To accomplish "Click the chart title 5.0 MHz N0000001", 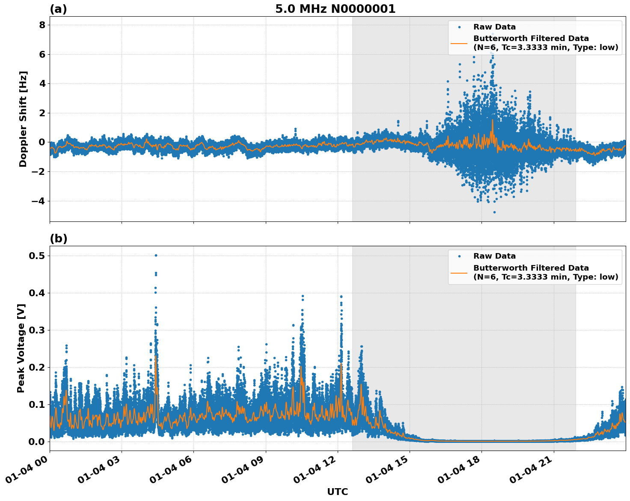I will click(335, 9).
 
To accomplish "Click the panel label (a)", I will click(58, 9).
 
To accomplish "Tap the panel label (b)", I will click(58, 239).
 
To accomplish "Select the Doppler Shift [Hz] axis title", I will click(23, 119).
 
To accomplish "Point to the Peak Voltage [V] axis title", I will click(21, 348).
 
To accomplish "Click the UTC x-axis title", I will click(337, 492).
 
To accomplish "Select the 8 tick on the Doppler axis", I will click(42, 25).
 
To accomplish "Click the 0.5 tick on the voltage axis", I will click(37, 256).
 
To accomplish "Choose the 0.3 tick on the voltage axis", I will click(37, 330).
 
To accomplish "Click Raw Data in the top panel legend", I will click(494, 27).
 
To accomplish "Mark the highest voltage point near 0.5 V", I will click(156, 255).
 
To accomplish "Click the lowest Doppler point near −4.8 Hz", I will click(494, 212).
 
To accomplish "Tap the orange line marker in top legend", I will click(459, 43).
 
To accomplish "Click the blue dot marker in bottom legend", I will click(459, 256).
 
